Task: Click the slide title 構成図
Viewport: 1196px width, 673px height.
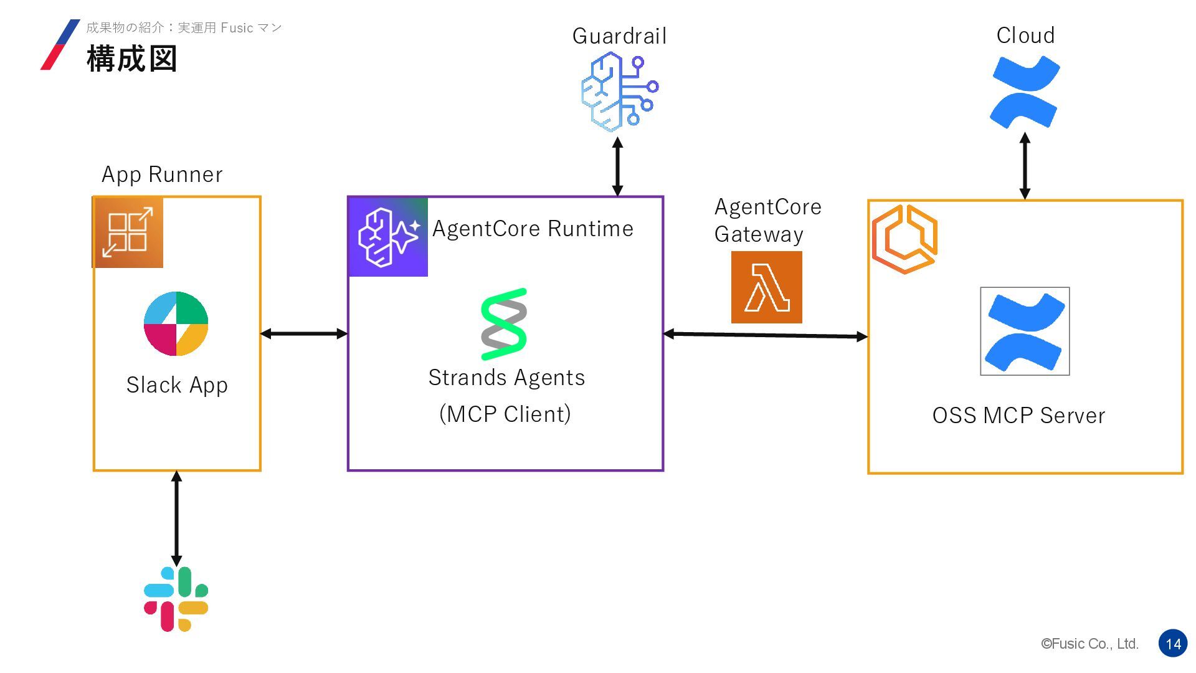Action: [x=132, y=59]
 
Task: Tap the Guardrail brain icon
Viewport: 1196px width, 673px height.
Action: [x=619, y=92]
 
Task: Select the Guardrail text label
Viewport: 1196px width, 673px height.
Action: [x=619, y=36]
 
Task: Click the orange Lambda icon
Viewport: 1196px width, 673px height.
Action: [x=766, y=287]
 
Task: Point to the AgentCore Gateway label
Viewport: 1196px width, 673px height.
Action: [x=767, y=221]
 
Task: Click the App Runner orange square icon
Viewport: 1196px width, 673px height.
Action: [x=128, y=232]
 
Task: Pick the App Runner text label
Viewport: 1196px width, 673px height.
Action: [x=162, y=174]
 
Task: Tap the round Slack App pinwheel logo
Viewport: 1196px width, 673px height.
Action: [x=176, y=323]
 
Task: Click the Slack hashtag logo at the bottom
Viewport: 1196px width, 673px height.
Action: [x=176, y=599]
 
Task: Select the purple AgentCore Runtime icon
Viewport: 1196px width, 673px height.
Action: [x=388, y=237]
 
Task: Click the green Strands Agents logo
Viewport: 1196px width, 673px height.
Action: [x=504, y=324]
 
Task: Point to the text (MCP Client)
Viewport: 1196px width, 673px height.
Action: [x=505, y=414]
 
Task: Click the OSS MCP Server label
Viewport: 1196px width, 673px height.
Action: [x=1018, y=416]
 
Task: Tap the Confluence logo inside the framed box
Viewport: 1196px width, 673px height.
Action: [x=1025, y=332]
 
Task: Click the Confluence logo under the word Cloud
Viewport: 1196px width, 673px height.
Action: [x=1025, y=92]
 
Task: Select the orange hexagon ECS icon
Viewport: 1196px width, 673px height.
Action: [x=904, y=239]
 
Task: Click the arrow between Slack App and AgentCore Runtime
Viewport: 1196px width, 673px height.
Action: [x=303, y=334]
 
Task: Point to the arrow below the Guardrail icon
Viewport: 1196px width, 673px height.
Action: [x=617, y=166]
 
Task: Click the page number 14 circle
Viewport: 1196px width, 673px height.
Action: [x=1173, y=644]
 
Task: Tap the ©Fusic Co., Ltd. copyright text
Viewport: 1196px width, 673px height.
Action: [x=1089, y=644]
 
